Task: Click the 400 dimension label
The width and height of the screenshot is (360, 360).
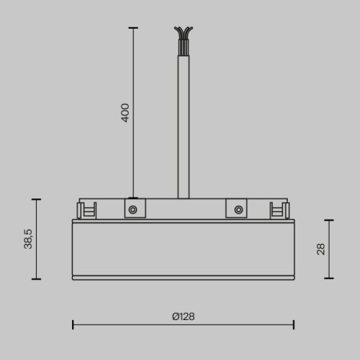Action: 125,112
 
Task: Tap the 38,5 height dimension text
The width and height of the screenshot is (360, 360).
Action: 28,239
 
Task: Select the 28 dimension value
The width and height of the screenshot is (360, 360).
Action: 321,249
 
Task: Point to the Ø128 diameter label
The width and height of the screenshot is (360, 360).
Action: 182,316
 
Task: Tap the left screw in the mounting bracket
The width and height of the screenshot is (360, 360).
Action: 133,210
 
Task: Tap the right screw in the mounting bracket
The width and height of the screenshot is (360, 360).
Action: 237,210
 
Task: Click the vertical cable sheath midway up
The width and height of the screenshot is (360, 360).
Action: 183,120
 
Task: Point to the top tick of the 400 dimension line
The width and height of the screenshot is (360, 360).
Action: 133,28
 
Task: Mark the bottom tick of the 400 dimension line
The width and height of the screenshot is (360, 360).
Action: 133,198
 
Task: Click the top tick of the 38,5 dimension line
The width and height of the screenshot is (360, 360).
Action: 36,198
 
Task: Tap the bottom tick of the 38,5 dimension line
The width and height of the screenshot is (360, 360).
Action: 36,279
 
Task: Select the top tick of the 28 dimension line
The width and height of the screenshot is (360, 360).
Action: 329,220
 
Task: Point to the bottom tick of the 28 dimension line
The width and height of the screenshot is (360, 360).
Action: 329,278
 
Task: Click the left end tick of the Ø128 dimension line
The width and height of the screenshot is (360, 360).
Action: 73,324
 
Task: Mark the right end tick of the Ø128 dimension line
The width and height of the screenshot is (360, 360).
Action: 294,324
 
